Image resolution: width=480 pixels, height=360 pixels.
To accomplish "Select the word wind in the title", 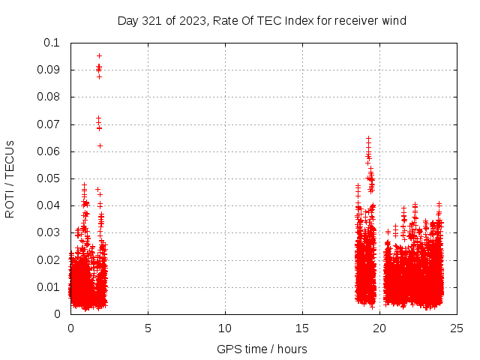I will (x=393, y=21).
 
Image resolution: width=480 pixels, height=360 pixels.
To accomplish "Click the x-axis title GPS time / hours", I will (x=262, y=349).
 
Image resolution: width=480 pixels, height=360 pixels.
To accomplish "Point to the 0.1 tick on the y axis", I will (x=52, y=43).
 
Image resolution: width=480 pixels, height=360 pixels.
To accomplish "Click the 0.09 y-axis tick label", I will (x=49, y=70).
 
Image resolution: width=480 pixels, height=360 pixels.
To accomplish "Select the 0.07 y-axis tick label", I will (x=49, y=124).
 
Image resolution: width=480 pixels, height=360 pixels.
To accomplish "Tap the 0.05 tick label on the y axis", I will (x=49, y=178).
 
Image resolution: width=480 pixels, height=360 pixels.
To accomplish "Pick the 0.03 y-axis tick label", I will (x=49, y=232).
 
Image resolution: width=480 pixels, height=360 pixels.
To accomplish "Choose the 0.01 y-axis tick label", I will (x=49, y=286).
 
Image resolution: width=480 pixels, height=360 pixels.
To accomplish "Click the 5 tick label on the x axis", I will (x=148, y=328).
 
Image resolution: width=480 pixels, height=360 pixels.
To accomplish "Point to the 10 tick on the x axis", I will (x=225, y=328).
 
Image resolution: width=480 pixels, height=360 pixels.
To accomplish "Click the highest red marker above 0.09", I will (x=99, y=55).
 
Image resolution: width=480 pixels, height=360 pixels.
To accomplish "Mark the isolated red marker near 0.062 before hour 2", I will (x=100, y=145).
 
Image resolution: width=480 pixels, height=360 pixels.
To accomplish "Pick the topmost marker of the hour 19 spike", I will (x=368, y=139).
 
